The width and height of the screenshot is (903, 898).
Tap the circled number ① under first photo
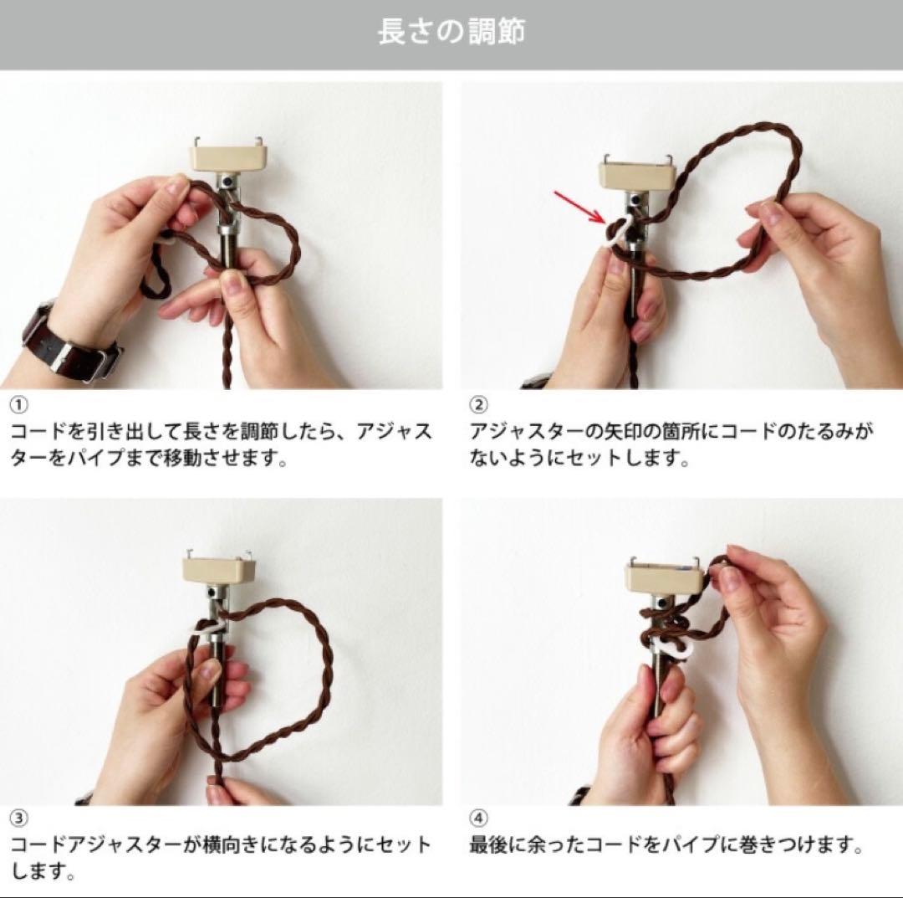18,405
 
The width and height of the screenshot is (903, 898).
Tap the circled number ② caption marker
478,405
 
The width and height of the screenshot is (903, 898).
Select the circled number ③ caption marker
18,818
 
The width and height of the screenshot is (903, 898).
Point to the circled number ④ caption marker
478,818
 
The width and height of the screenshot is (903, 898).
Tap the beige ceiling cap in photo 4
664,577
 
